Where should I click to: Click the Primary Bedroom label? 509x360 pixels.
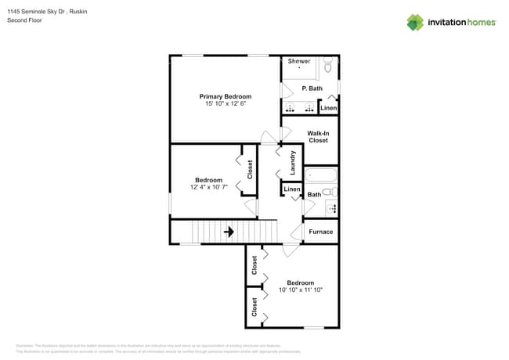pyautogui.click(x=225, y=96)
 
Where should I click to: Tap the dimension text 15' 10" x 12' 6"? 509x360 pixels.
pyautogui.click(x=225, y=103)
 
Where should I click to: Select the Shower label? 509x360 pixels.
pyautogui.click(x=299, y=61)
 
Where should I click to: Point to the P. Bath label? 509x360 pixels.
pyautogui.click(x=312, y=88)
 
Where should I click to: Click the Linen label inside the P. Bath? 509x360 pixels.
pyautogui.click(x=329, y=108)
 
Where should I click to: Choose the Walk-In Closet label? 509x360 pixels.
pyautogui.click(x=318, y=136)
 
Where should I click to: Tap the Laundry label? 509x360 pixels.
pyautogui.click(x=293, y=163)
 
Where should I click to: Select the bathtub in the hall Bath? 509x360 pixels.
pyautogui.click(x=320, y=175)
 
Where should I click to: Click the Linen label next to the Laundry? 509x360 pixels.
pyautogui.click(x=291, y=189)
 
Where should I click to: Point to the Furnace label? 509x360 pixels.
pyautogui.click(x=320, y=232)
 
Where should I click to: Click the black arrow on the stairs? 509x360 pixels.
pyautogui.click(x=229, y=232)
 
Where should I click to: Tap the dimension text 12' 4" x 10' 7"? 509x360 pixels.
pyautogui.click(x=208, y=188)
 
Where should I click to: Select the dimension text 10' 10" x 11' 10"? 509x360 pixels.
pyautogui.click(x=301, y=290)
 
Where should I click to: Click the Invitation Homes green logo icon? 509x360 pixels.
pyautogui.click(x=415, y=22)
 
